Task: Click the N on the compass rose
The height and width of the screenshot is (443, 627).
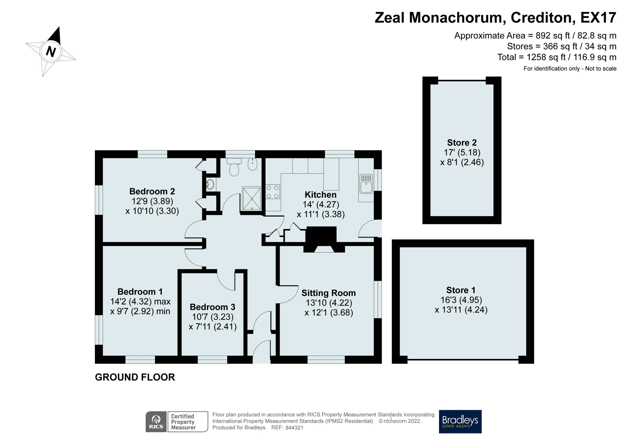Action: pyautogui.click(x=51, y=51)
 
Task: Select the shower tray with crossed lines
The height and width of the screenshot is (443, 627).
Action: pyautogui.click(x=252, y=198)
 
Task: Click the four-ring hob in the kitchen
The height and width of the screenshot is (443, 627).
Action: pyautogui.click(x=273, y=192)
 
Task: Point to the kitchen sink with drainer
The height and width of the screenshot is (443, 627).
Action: pyautogui.click(x=366, y=184)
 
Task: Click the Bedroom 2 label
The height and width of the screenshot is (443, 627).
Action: pyautogui.click(x=152, y=191)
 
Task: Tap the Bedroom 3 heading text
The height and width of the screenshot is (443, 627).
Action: pyautogui.click(x=212, y=307)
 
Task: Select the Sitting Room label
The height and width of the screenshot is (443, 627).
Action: pyautogui.click(x=328, y=293)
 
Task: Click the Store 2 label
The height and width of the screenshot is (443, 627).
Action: pyautogui.click(x=462, y=143)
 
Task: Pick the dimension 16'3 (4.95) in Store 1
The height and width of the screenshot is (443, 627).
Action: pyautogui.click(x=461, y=300)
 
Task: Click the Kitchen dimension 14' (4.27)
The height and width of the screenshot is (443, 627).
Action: pyautogui.click(x=321, y=204)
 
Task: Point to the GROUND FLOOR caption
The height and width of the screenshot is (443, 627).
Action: pyautogui.click(x=135, y=377)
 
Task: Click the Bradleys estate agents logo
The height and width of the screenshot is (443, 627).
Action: pyautogui.click(x=460, y=421)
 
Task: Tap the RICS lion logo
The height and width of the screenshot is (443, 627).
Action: pyautogui.click(x=156, y=421)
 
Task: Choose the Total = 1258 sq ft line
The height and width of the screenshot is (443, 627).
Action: pyautogui.click(x=556, y=57)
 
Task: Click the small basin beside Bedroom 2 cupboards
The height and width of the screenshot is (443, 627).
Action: pyautogui.click(x=210, y=184)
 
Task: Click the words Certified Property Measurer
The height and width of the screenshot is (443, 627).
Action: pyautogui.click(x=183, y=422)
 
